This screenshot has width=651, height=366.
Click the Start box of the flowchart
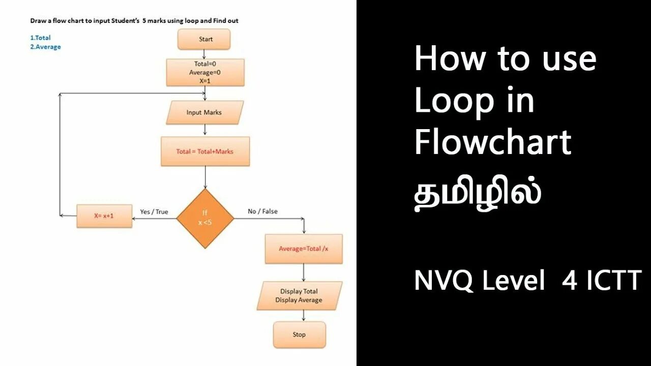click(204, 39)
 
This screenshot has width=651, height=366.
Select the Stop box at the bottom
click(299, 334)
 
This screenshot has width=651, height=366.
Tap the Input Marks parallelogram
click(204, 112)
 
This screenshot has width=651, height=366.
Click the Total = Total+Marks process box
click(205, 151)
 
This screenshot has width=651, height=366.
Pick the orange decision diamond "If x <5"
click(205, 218)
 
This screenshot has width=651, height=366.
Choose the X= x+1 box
click(104, 216)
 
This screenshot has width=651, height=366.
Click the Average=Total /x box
click(304, 249)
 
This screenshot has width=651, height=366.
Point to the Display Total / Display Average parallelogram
click(299, 296)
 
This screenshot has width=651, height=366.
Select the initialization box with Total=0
click(205, 72)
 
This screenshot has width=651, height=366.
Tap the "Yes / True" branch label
click(154, 211)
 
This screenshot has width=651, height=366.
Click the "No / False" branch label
click(262, 211)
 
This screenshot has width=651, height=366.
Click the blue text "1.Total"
click(41, 38)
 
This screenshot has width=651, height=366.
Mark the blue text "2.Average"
click(46, 47)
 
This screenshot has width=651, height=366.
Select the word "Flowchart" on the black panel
click(492, 142)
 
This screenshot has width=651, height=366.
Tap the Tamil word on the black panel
click(477, 195)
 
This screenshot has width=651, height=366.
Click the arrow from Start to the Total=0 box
click(204, 54)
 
